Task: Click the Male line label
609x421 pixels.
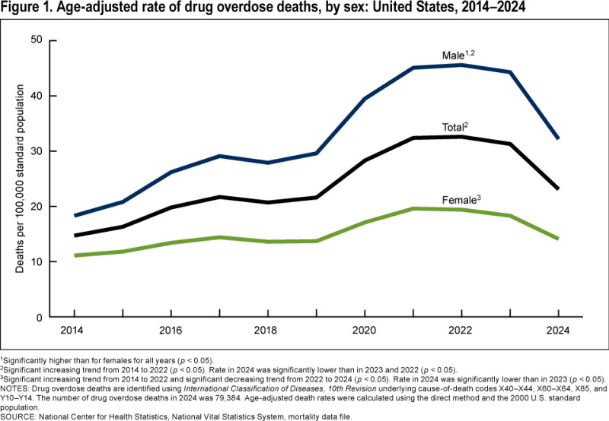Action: coord(458,55)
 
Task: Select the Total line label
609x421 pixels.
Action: coord(455,127)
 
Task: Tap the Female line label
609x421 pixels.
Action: coord(461,200)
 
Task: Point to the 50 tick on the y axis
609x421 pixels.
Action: coord(37,40)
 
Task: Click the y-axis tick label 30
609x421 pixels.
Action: coord(37,150)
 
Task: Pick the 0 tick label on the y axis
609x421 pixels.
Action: coord(40,318)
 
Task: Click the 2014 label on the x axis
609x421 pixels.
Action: coord(72,331)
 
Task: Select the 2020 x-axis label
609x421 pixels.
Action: coord(364,331)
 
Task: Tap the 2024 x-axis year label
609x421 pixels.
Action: coord(558,331)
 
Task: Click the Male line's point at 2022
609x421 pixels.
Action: coord(461,65)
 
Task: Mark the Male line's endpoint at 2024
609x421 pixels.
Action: coord(558,138)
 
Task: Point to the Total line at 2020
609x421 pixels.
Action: coord(365,160)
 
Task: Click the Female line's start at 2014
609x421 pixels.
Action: coord(75,255)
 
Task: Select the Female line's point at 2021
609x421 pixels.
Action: coord(413,208)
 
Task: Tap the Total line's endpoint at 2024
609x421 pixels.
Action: coord(558,188)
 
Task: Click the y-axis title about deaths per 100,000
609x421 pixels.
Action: coord(20,179)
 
